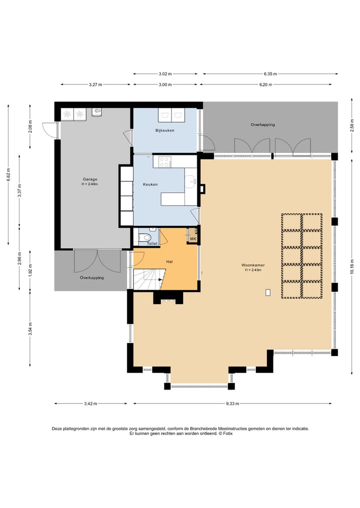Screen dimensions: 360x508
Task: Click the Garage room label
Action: click(x=90, y=179)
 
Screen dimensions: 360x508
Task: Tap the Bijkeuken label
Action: click(x=165, y=130)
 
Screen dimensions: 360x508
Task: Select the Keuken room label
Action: click(x=150, y=184)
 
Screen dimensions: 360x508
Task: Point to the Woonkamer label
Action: click(x=253, y=265)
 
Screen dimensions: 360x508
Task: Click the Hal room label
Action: click(x=169, y=261)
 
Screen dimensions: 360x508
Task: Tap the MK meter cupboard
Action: click(x=193, y=239)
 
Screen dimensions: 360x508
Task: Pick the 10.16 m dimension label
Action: click(x=352, y=266)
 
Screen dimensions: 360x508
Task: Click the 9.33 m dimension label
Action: click(x=232, y=404)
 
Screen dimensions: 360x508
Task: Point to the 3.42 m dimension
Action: click(x=90, y=404)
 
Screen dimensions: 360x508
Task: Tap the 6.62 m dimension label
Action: click(x=8, y=175)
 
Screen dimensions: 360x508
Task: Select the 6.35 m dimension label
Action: click(x=270, y=74)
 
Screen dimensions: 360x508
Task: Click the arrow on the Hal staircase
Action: click(x=160, y=279)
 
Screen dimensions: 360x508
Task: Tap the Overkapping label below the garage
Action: click(x=92, y=278)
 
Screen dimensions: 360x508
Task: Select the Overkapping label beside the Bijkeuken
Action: click(x=262, y=124)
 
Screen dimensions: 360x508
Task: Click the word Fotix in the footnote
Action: click(x=227, y=434)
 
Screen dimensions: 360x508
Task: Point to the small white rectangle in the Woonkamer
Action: click(x=268, y=293)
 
